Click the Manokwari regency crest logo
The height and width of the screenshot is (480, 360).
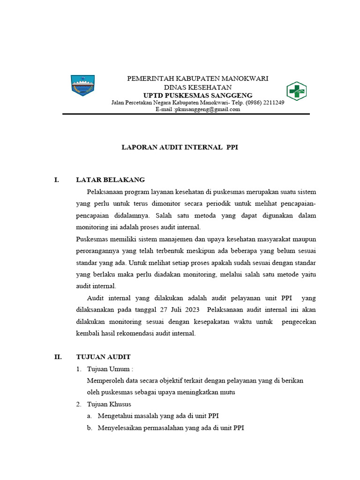coord(82,85)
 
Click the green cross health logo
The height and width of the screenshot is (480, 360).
coord(296,91)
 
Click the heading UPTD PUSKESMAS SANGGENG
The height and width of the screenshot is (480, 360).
coord(197,96)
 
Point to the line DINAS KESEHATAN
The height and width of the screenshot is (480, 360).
coord(197,87)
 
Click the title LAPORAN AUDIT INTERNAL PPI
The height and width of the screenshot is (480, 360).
coord(180,147)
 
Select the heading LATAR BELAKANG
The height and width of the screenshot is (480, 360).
coord(110,180)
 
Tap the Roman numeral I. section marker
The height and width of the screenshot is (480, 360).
coord(57,180)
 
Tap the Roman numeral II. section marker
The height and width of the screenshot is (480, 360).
coord(58,357)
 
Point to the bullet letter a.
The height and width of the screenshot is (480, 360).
coord(89,416)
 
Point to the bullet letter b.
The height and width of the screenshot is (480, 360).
coord(89,427)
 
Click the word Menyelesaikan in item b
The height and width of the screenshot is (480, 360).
coord(120,427)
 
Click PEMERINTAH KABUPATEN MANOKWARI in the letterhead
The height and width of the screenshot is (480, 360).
coord(197,79)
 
